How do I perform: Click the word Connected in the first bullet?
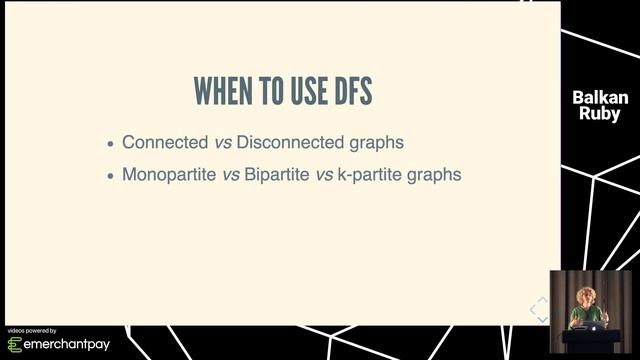[158, 142]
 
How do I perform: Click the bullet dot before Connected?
[110, 143]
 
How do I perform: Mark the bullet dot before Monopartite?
[110, 175]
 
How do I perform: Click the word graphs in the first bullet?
[374, 143]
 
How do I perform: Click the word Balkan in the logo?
[600, 98]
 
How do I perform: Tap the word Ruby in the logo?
[600, 114]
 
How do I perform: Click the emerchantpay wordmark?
[68, 345]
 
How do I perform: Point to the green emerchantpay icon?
[15, 345]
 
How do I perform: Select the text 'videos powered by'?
[32, 330]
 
